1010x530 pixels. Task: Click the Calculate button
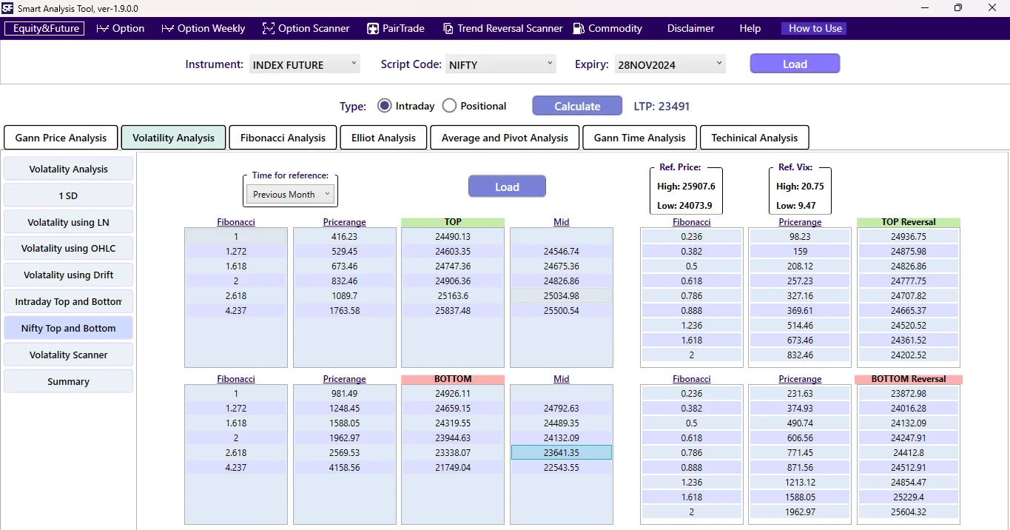577,106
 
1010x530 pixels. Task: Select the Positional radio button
449,106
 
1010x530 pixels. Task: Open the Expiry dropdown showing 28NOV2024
670,64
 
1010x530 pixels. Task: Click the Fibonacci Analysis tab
283,138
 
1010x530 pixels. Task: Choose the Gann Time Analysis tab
639,138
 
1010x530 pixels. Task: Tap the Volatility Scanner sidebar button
68,355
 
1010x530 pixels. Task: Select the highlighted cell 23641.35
561,452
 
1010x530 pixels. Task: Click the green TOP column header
453,222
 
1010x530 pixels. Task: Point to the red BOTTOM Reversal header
908,379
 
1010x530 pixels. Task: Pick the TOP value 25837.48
453,311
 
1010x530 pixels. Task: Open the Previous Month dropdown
290,195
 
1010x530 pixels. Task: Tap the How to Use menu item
815,28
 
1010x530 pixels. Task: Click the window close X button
992,8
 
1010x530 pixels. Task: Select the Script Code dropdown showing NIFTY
501,64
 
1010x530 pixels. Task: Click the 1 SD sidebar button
68,195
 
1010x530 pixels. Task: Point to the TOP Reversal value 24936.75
909,237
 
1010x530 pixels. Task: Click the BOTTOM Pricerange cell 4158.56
344,468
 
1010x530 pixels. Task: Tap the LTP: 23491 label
661,106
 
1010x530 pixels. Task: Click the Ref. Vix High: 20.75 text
800,187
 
